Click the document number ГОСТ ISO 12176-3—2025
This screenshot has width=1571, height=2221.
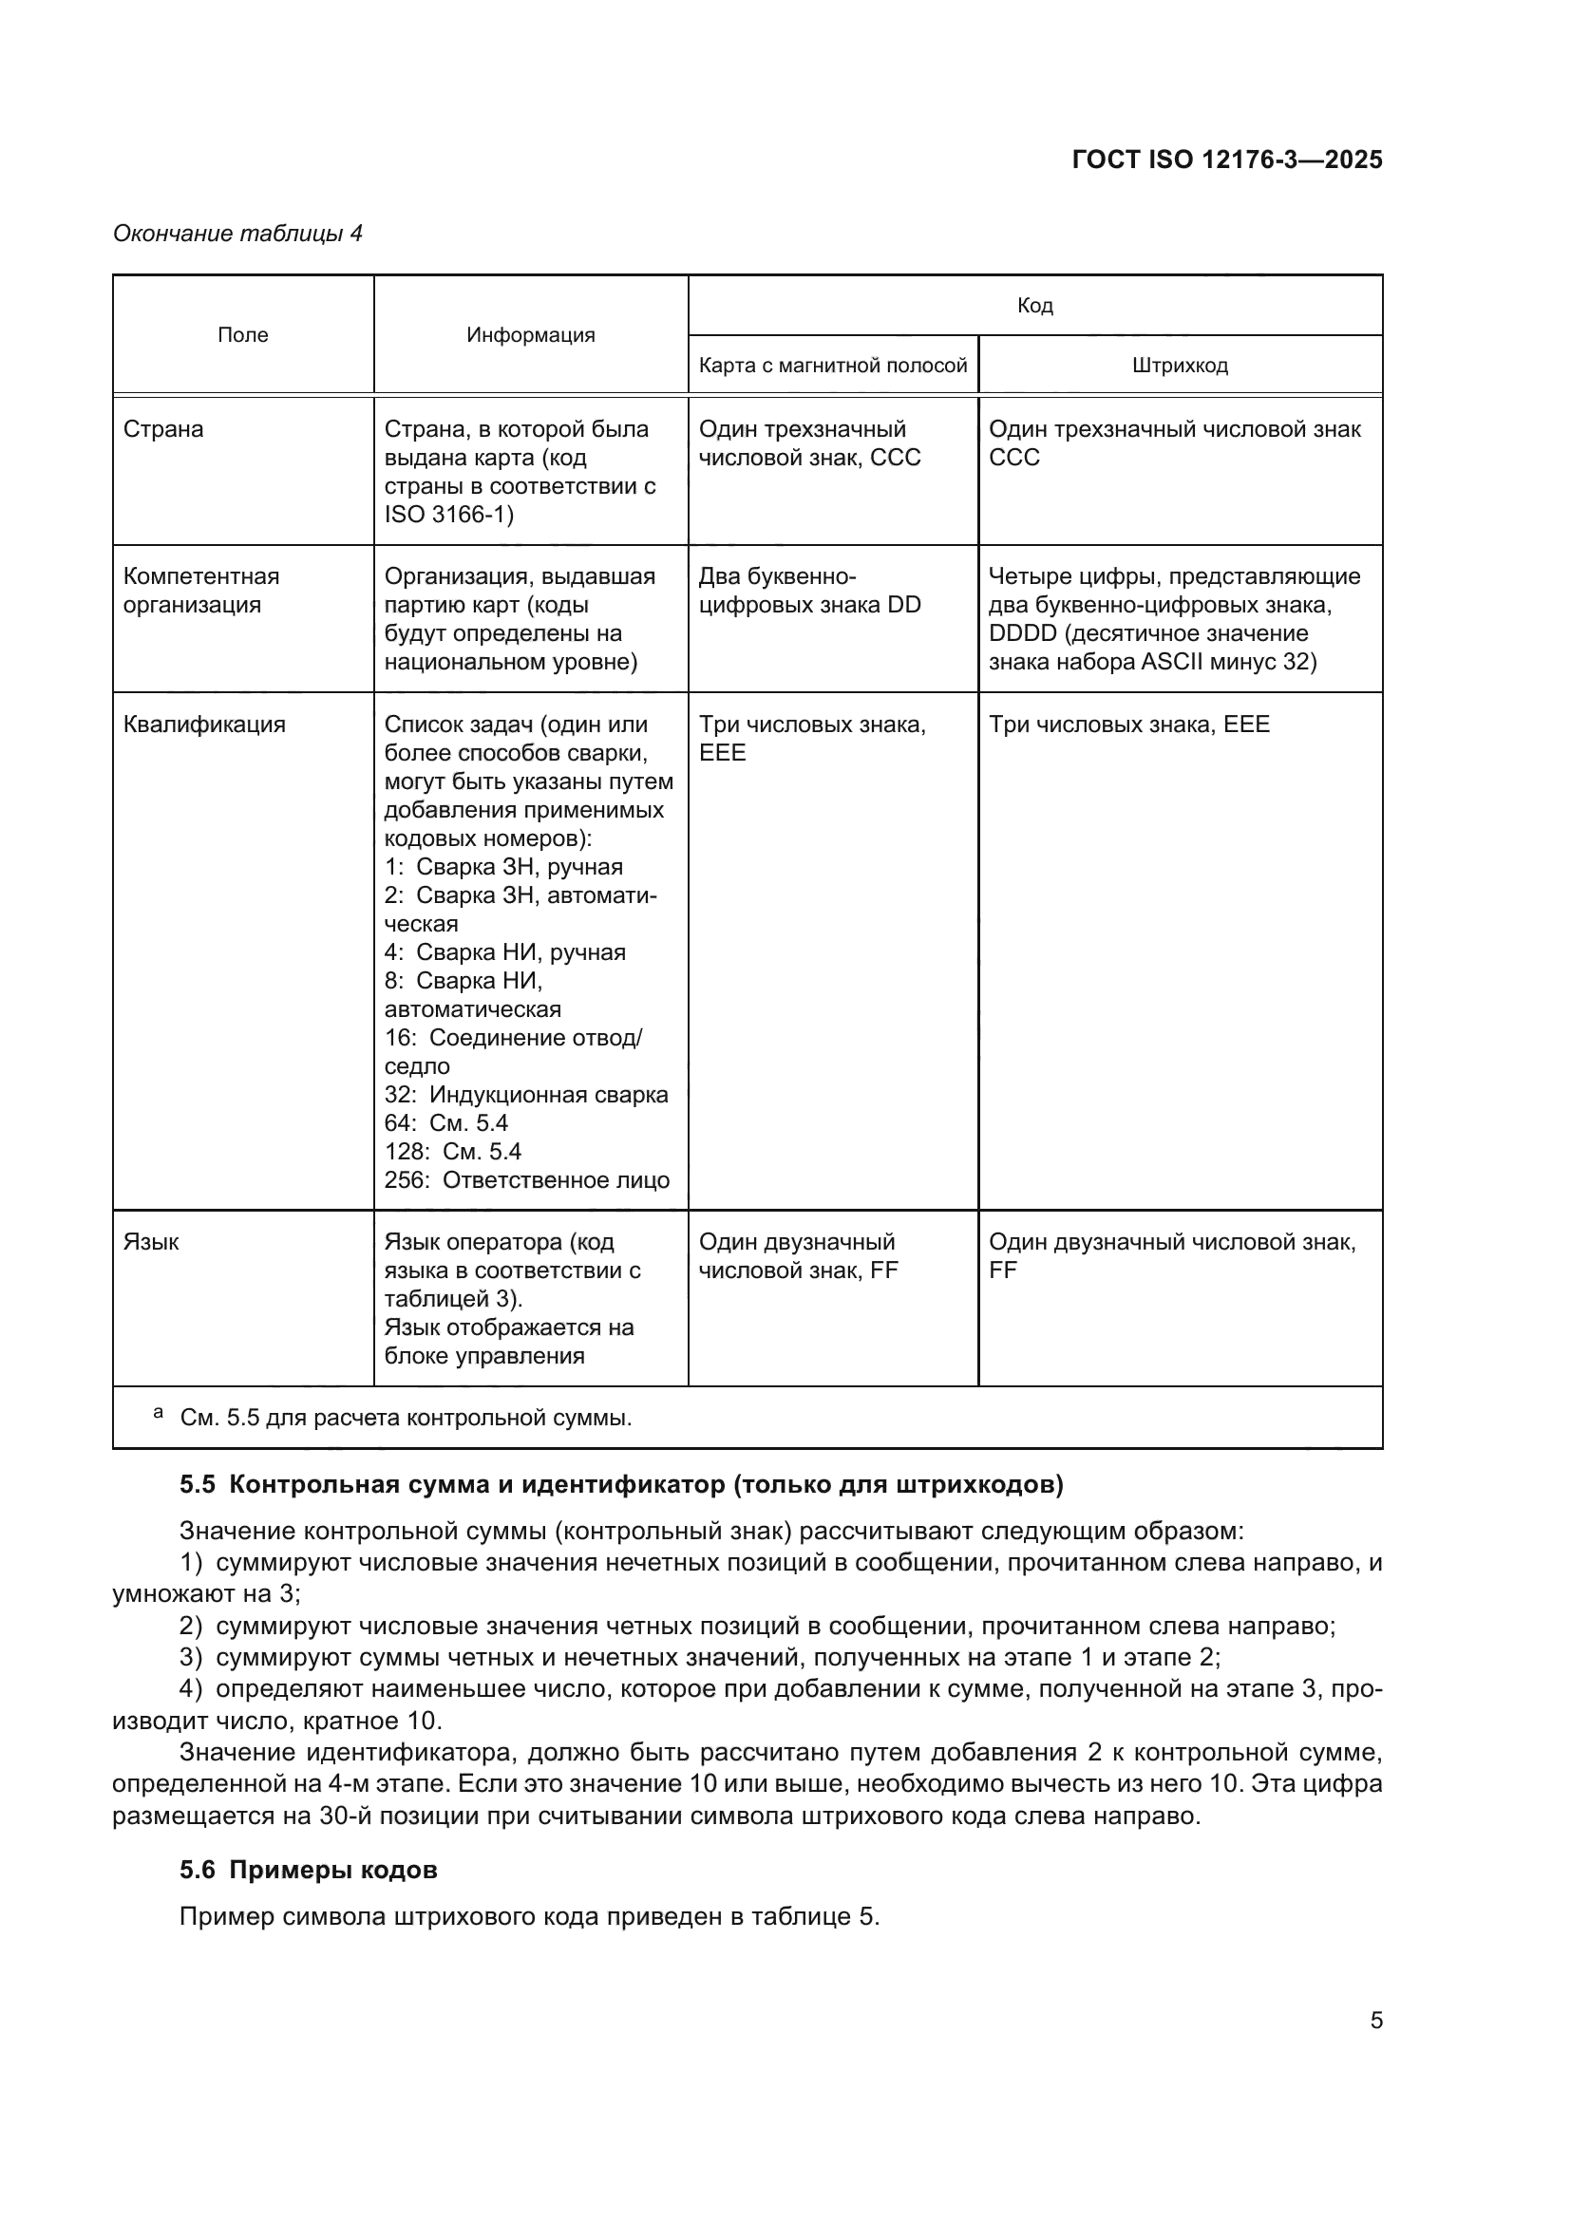point(1226,160)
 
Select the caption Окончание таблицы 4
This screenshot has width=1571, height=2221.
point(237,234)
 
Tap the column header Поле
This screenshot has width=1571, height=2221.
point(243,334)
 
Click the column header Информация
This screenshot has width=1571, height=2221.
point(530,334)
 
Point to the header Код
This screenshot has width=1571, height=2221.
point(1034,306)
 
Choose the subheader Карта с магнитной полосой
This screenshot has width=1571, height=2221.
point(832,366)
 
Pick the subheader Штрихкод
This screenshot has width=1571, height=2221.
point(1180,366)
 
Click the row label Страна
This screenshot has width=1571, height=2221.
point(162,428)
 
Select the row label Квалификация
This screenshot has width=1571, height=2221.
point(203,725)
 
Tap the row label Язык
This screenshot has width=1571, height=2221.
point(150,1242)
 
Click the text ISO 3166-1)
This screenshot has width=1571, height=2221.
point(449,514)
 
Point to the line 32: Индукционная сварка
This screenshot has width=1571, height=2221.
point(525,1095)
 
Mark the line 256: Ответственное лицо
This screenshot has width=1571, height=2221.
point(526,1180)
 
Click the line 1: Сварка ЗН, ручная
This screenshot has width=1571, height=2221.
point(503,867)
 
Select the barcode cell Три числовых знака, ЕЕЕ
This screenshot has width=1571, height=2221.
point(1128,725)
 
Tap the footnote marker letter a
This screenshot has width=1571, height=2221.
point(158,1413)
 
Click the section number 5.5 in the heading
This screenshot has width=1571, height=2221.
point(198,1485)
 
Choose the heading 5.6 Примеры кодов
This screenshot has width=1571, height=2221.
point(308,1870)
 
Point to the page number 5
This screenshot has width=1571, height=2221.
point(1375,2021)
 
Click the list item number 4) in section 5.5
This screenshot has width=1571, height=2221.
point(191,1689)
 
